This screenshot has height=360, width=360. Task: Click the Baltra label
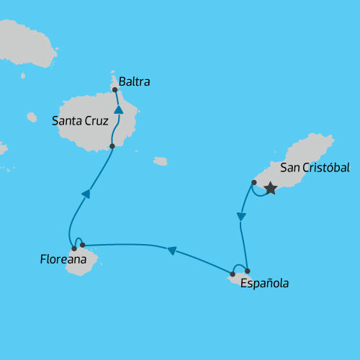tap(135, 82)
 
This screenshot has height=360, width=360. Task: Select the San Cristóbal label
tap(315, 168)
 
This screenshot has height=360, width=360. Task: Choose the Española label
tap(265, 283)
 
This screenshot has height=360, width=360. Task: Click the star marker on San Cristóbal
tap(270, 189)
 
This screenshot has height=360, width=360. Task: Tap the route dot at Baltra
tap(115, 90)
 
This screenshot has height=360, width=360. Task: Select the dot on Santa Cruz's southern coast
tap(112, 146)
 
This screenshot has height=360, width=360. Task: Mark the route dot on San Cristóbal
tap(254, 182)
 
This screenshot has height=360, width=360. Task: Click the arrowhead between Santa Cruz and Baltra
tap(118, 110)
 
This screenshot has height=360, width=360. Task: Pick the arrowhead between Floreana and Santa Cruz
tap(86, 193)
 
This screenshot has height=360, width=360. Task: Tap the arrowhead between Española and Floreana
tap(171, 251)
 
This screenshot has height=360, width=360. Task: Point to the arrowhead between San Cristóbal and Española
tap(241, 215)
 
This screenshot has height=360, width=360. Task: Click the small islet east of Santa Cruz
tap(161, 161)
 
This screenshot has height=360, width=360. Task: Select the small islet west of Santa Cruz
tap(32, 117)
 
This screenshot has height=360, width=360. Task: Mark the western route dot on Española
tap(233, 274)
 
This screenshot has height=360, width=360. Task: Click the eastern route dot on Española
tap(247, 271)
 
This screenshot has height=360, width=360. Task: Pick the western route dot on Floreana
tap(74, 248)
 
